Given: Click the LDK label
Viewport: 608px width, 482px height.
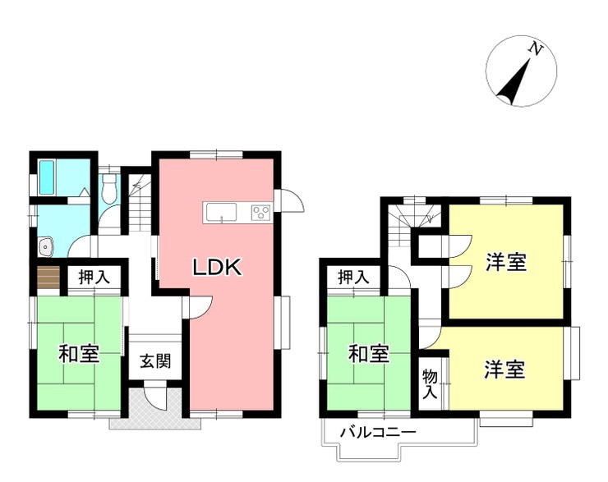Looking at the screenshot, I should [x=216, y=267].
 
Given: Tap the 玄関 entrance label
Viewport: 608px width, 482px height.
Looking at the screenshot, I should [x=154, y=361].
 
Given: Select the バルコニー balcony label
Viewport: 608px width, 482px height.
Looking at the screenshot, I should [x=377, y=432].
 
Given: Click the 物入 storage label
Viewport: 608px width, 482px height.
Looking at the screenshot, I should [x=430, y=383].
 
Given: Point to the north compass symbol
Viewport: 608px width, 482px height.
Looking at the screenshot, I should [x=521, y=72].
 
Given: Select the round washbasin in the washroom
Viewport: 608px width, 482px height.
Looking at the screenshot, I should [x=47, y=245].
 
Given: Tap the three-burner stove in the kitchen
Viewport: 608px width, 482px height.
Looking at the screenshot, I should [x=260, y=213].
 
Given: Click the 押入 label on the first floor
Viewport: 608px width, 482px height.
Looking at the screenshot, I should [x=94, y=278].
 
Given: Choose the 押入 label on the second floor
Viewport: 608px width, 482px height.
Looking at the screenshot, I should [x=354, y=278].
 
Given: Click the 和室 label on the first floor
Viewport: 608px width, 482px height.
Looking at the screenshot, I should [x=79, y=354].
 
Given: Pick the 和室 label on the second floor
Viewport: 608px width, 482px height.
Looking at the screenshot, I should [x=368, y=354].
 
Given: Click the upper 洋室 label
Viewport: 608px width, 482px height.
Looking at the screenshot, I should [x=505, y=263].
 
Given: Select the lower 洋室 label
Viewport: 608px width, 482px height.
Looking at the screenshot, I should [x=504, y=370].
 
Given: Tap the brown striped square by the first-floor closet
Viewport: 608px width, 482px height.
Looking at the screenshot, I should [x=48, y=278].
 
